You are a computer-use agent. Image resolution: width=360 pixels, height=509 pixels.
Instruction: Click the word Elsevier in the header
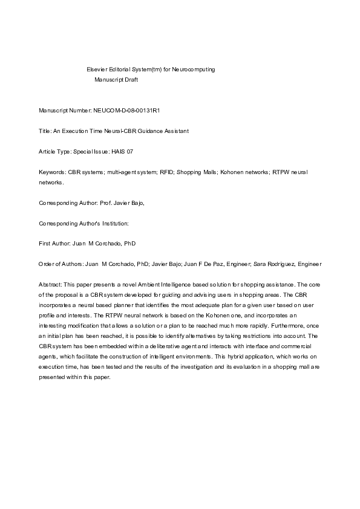tap(98, 70)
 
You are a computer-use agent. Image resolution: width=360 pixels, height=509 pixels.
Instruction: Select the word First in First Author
tap(44, 244)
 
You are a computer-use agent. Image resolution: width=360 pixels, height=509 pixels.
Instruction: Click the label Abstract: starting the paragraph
tap(50, 284)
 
